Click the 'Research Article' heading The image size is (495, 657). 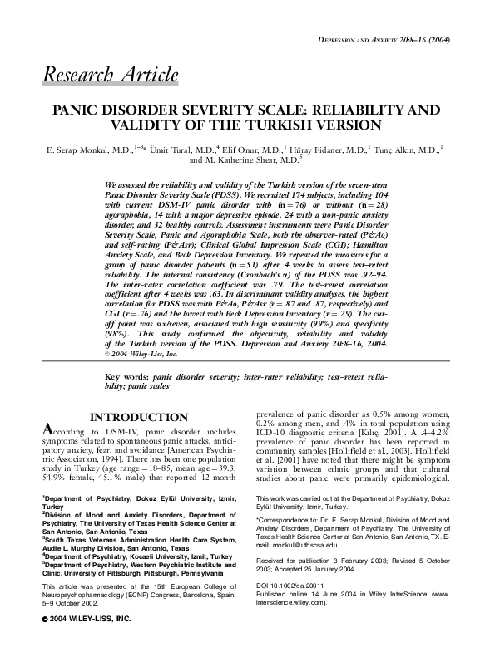[110, 75]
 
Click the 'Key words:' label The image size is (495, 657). [126, 376]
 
